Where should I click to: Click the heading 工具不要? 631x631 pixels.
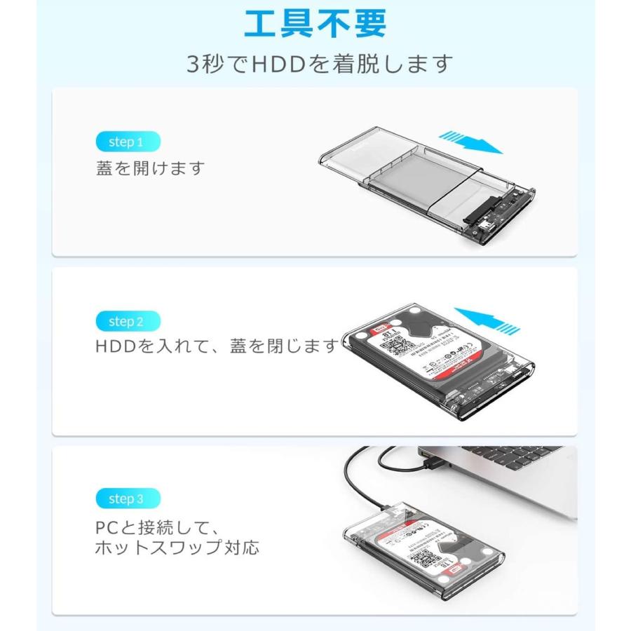coord(315,23)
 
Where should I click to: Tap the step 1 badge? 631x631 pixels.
coord(127,142)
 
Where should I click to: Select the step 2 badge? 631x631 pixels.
coord(127,322)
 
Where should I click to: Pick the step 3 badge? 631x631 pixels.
coord(127,499)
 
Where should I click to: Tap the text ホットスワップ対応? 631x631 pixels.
coord(177,547)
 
